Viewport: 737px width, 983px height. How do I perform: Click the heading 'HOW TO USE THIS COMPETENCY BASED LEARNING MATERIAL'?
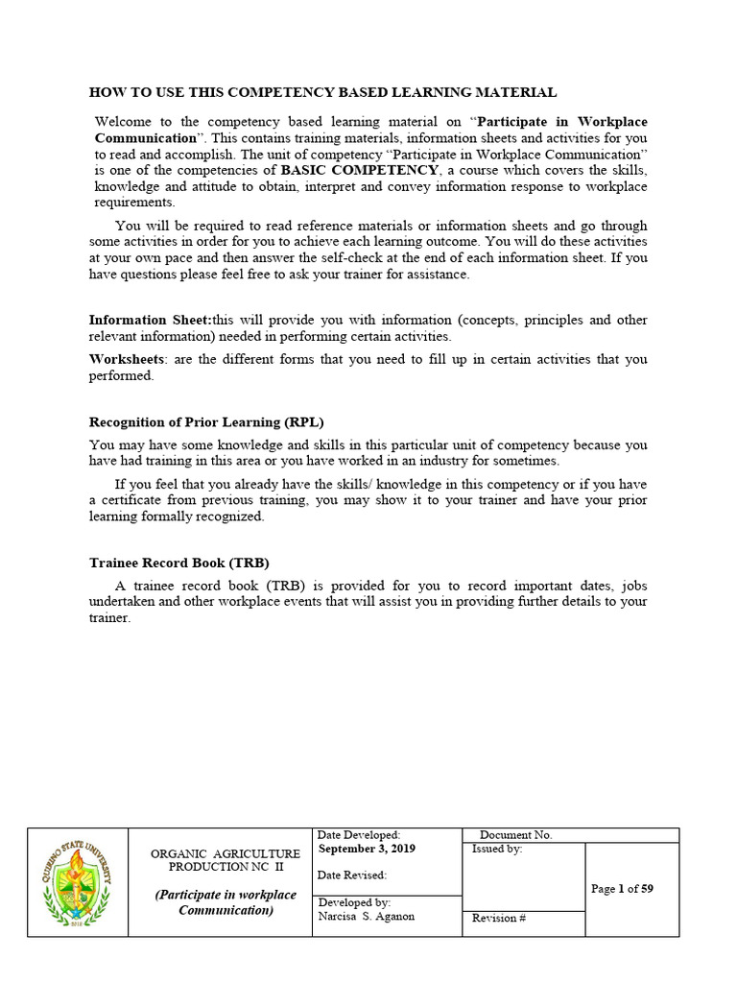(x=322, y=92)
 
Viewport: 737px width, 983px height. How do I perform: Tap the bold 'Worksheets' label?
(x=124, y=359)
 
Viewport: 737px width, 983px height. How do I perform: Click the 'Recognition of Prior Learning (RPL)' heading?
(x=213, y=421)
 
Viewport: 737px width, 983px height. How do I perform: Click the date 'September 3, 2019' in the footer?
(x=368, y=849)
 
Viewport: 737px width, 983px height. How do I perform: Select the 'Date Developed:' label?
(x=359, y=835)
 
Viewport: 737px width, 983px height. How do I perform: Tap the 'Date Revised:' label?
(x=352, y=875)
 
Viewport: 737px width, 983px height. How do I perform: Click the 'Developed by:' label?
(x=354, y=903)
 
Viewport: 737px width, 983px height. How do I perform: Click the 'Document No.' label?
(x=515, y=835)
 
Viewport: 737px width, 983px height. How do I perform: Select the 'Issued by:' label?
(x=497, y=850)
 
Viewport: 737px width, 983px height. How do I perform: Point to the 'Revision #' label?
(x=499, y=918)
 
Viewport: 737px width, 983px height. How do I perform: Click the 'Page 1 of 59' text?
(x=622, y=889)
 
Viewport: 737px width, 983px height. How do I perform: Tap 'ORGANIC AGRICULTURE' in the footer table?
(x=226, y=853)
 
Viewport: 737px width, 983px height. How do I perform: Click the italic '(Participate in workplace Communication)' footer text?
(x=226, y=902)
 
